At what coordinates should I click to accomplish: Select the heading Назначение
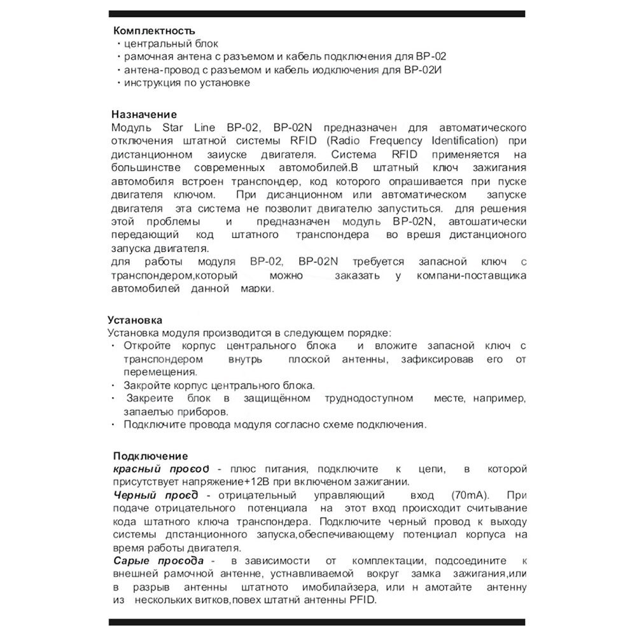[143, 114]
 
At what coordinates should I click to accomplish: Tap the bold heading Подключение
[150, 456]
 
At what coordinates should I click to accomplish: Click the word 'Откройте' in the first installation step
[145, 346]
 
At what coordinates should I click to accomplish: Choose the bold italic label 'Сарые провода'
[158, 561]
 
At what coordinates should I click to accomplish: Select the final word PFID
[363, 600]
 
